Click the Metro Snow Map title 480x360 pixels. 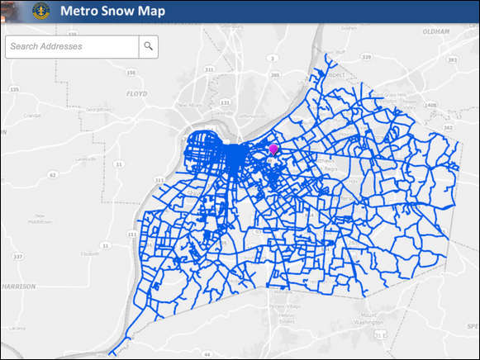112,12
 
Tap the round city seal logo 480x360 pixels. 40,12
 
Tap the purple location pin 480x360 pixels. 273,149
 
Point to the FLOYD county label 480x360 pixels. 136,95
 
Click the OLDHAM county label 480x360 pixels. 435,31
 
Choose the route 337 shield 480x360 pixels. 16,256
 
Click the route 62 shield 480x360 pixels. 52,175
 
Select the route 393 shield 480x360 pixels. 450,59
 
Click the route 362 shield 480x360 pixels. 448,128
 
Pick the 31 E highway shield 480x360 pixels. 381,336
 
